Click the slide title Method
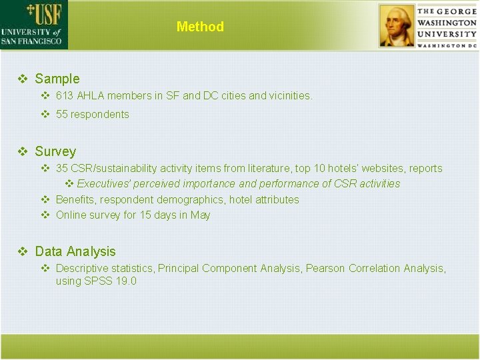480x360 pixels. (x=200, y=27)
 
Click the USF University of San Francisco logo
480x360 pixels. (x=33, y=25)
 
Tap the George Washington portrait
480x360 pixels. (x=397, y=26)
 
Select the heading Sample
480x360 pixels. (x=57, y=79)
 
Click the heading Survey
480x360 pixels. (x=55, y=151)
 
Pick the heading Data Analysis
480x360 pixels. (x=75, y=251)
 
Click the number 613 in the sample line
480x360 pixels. (x=65, y=95)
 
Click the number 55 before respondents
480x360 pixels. (x=62, y=114)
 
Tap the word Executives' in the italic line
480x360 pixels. (x=104, y=183)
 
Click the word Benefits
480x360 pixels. (x=75, y=199)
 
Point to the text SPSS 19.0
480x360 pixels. (x=110, y=281)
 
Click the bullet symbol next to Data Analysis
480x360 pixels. (x=23, y=251)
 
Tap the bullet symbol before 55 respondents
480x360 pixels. (x=45, y=114)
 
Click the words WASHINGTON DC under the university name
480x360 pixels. (x=447, y=45)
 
